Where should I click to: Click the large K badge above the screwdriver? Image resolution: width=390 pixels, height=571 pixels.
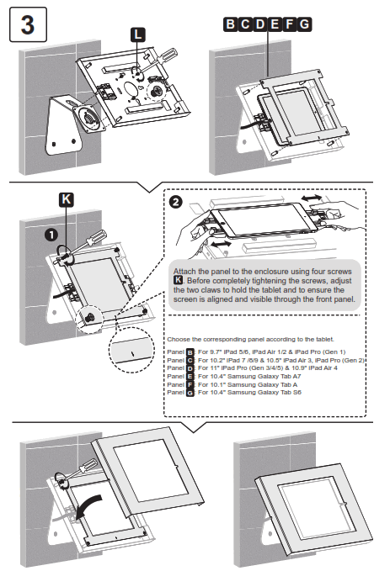(x=67, y=199)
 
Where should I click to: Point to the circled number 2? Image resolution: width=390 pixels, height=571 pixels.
(x=174, y=202)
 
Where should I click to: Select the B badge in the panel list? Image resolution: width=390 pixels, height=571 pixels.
(x=190, y=352)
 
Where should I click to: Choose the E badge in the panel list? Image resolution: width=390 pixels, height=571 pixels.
(x=190, y=376)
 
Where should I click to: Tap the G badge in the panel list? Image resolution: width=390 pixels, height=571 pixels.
(x=190, y=392)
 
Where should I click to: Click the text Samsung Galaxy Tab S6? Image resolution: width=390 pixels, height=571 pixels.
(x=262, y=392)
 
